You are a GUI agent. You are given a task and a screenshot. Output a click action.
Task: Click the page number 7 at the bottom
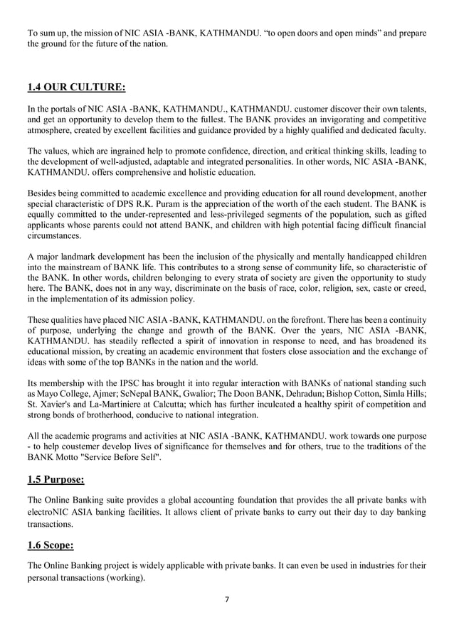(226, 599)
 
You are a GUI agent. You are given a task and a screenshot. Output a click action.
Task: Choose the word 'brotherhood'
(111, 415)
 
